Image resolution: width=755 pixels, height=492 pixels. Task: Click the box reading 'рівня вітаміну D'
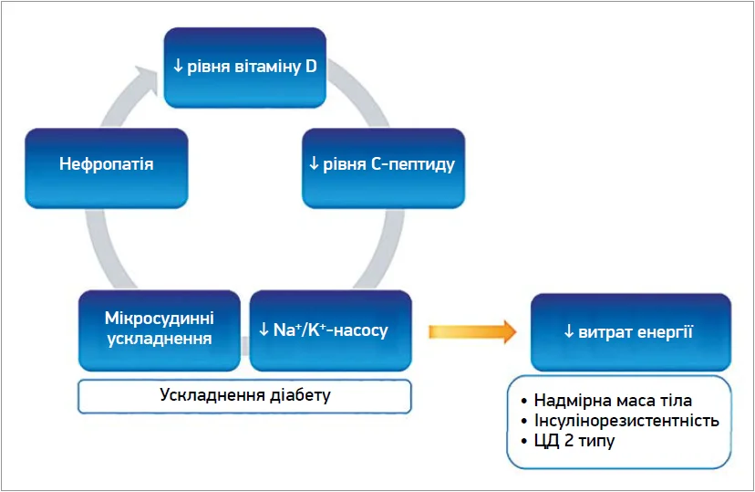tap(245, 68)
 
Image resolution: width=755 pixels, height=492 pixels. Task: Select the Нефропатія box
tap(107, 168)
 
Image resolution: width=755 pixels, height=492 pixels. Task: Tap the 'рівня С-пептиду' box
tap(383, 168)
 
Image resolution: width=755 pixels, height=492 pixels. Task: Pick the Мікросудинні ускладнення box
tap(160, 330)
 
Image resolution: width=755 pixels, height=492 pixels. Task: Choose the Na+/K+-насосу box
tap(331, 330)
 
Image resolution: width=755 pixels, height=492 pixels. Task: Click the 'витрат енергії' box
tap(631, 332)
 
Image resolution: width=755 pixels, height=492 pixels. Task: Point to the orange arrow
tap(472, 331)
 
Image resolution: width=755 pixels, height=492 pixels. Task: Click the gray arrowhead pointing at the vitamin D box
tap(147, 79)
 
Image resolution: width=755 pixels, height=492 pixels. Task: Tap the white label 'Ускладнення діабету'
tap(244, 396)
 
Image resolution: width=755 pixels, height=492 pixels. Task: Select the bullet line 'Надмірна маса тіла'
tap(606, 401)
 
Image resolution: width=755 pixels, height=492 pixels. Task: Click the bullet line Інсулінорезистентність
tap(620, 421)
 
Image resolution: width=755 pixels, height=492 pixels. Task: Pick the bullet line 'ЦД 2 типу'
tap(568, 441)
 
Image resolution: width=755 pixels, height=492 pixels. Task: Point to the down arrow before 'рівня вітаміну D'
tap(178, 66)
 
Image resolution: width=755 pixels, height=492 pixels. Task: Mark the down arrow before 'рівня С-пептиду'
tap(314, 163)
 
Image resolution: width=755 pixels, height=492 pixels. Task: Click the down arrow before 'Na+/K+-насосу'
tap(264, 330)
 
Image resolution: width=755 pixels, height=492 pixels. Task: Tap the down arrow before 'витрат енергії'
tap(569, 331)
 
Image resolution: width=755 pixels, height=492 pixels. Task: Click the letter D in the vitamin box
tap(311, 66)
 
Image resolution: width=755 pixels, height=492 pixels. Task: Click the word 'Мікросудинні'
tap(160, 319)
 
